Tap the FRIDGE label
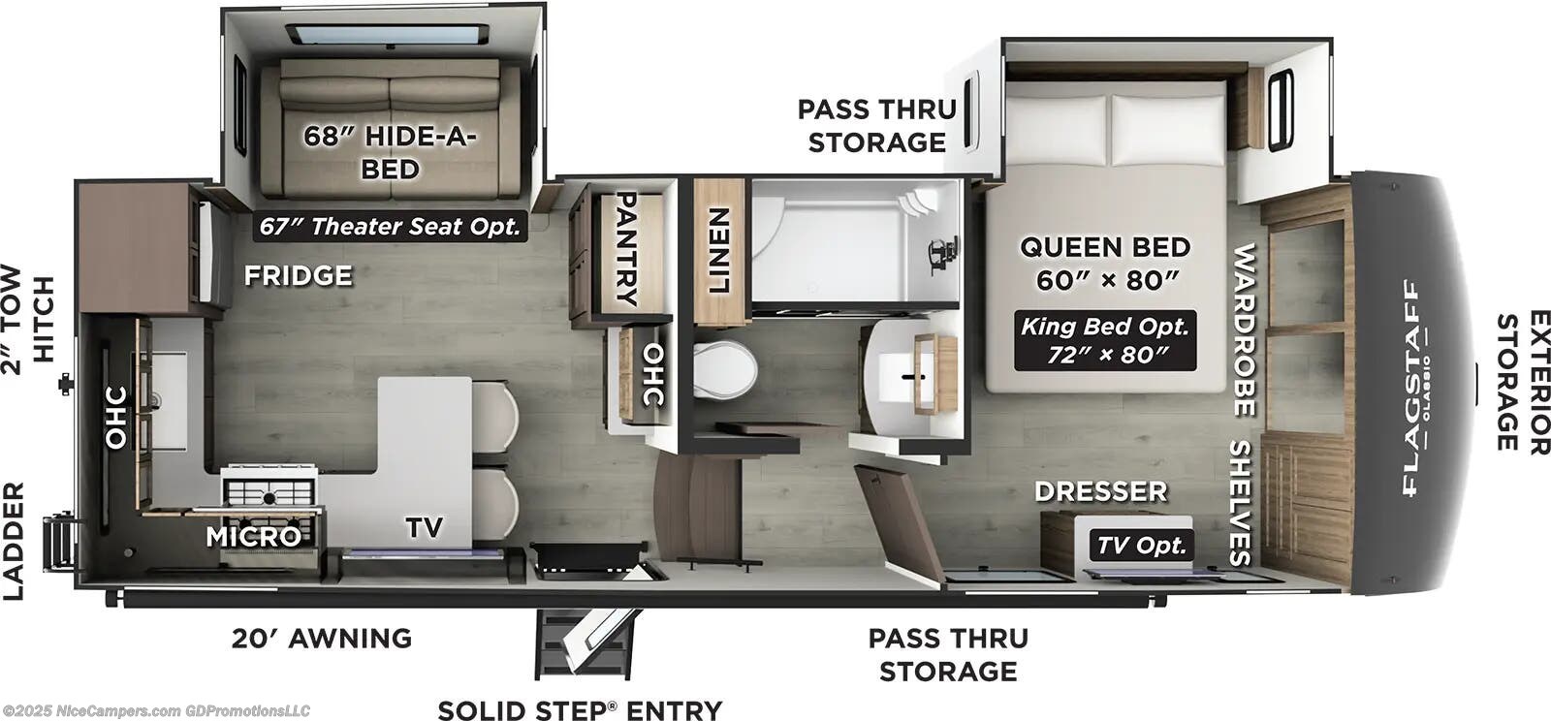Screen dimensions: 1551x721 pyautogui.click(x=299, y=276)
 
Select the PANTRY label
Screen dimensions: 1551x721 pyautogui.click(x=626, y=249)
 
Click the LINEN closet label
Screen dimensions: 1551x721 pyautogui.click(x=718, y=250)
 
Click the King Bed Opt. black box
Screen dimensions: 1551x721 pyautogui.click(x=1105, y=340)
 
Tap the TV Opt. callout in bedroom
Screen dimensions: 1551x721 pyautogui.click(x=1141, y=546)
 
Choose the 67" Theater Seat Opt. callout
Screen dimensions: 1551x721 pyautogui.click(x=390, y=226)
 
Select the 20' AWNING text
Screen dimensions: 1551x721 pyautogui.click(x=322, y=638)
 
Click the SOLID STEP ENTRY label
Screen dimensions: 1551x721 pyautogui.click(x=581, y=710)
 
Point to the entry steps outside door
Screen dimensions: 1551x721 pyautogui.click(x=586, y=643)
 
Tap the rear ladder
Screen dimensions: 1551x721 pyautogui.click(x=59, y=542)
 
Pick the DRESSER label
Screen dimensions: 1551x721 pyautogui.click(x=1101, y=491)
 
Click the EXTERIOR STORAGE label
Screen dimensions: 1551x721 pyautogui.click(x=1523, y=382)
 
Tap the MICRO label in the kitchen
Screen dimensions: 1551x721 pyautogui.click(x=254, y=536)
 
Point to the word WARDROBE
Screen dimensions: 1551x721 pyautogui.click(x=1245, y=330)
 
